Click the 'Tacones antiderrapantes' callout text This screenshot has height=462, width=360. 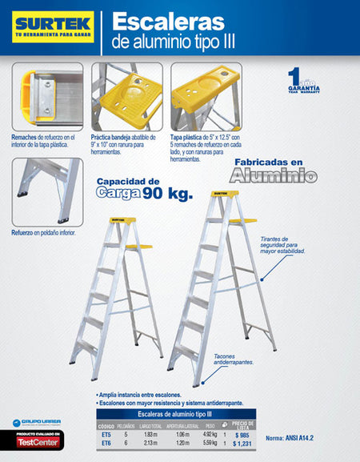(x=234, y=360)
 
